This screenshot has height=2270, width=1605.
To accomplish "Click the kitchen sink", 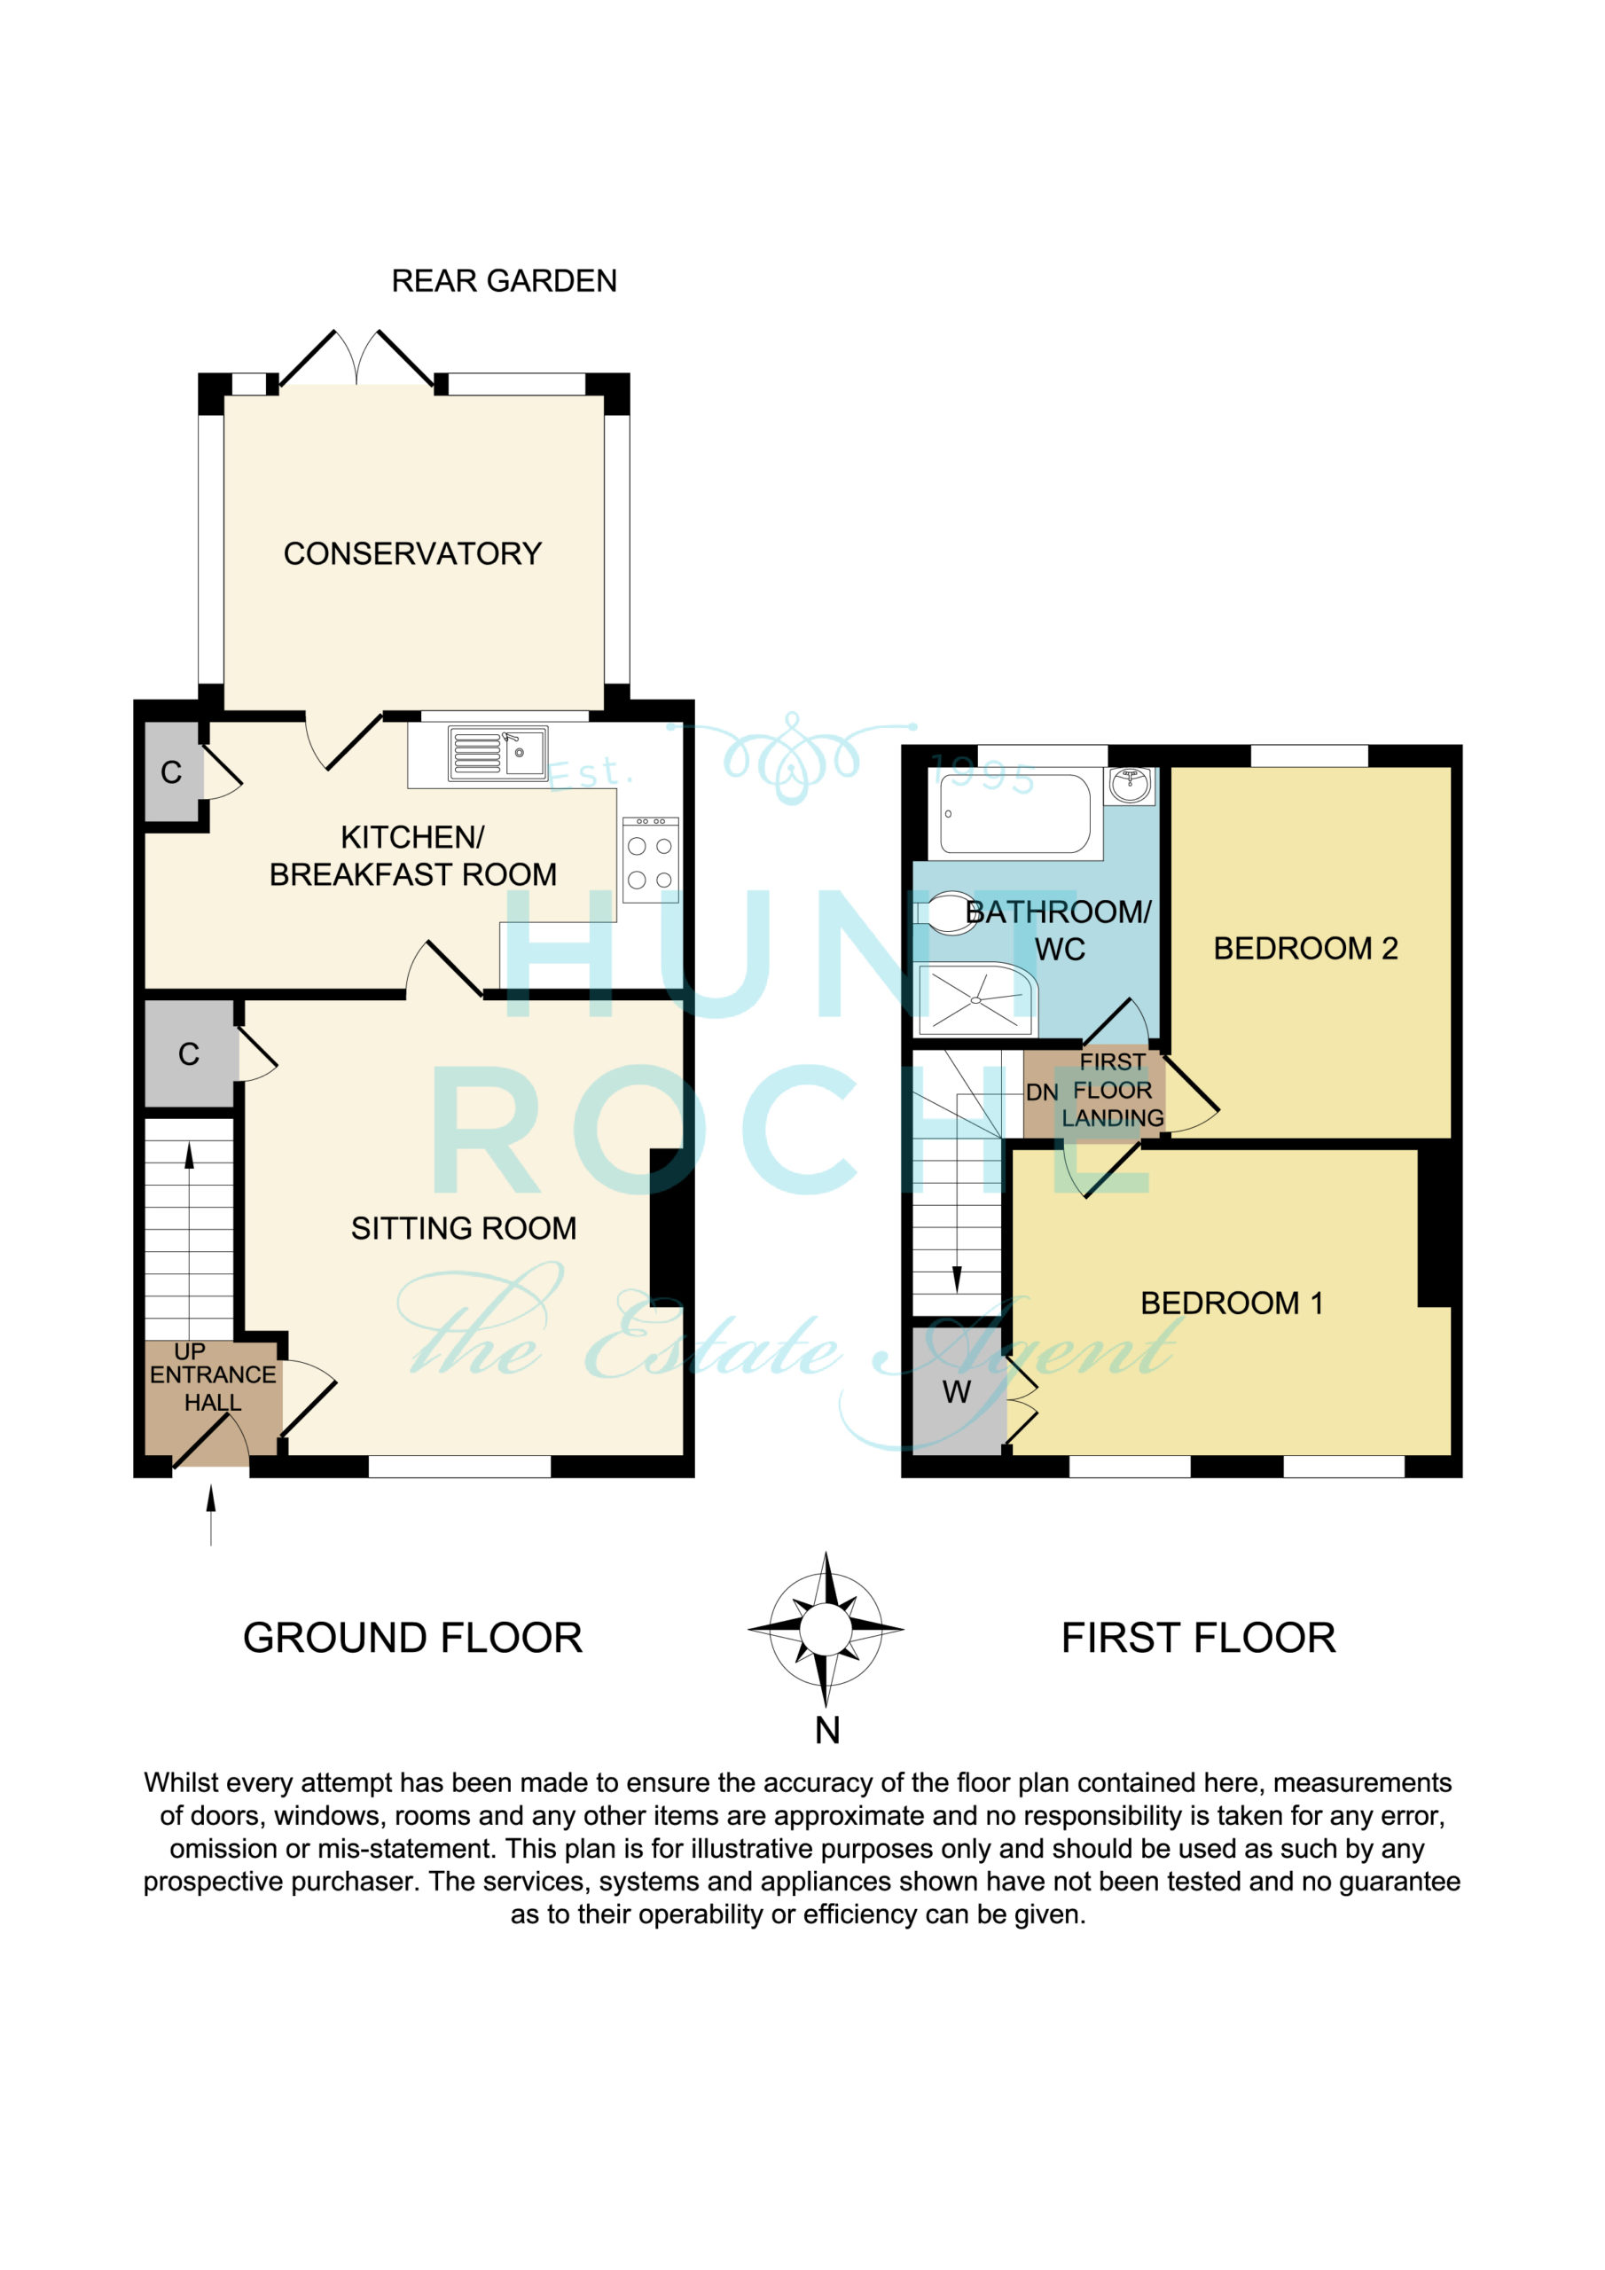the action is (497, 754).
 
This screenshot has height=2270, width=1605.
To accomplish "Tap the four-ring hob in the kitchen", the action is (651, 859).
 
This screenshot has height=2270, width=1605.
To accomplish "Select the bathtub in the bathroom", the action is (1015, 814).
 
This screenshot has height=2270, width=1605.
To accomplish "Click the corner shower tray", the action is (975, 999).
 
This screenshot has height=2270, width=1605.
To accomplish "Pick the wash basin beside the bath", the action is (1130, 785).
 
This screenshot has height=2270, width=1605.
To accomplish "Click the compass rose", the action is (826, 1628).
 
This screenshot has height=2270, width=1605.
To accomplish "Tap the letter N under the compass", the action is (827, 1730).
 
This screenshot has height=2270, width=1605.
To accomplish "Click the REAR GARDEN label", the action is (505, 281).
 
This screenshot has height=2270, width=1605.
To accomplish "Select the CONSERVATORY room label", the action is (412, 553).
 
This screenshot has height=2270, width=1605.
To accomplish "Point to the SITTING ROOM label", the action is (464, 1228).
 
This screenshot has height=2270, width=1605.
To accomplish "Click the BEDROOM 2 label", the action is (1305, 948).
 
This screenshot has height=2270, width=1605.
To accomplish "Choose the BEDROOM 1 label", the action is (1233, 1303).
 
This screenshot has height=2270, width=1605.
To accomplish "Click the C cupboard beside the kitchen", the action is (172, 772).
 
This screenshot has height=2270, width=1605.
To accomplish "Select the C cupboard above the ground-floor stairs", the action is (189, 1054).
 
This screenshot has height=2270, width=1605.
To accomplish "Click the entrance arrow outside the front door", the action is (211, 1514).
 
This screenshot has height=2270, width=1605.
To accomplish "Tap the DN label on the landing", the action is (1042, 1092).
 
